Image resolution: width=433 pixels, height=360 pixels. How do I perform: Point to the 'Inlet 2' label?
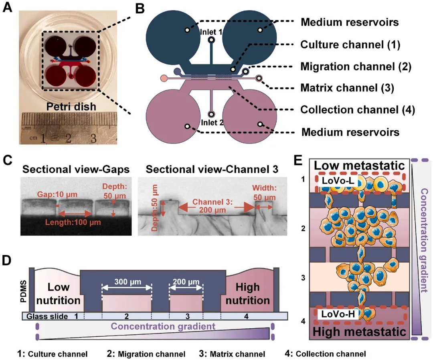[211, 123]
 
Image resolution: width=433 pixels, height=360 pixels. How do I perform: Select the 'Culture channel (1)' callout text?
[350, 44]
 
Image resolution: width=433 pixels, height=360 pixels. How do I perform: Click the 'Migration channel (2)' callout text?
[356, 66]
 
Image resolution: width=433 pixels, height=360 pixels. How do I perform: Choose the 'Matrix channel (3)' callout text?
[350, 87]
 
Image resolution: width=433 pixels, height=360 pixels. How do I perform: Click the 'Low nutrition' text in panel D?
[59, 293]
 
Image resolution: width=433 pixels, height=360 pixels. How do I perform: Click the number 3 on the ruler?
[93, 139]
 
